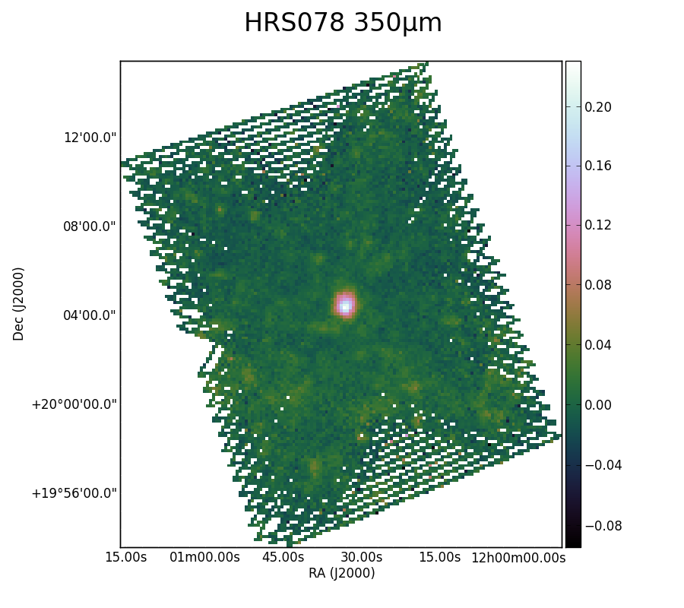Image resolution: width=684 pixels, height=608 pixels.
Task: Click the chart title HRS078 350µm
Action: [x=343, y=23]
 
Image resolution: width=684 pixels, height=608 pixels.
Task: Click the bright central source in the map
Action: [x=346, y=306]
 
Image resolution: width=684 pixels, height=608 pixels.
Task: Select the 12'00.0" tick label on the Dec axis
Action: [x=90, y=138]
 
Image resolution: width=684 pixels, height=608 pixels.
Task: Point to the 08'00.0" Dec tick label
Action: [x=90, y=226]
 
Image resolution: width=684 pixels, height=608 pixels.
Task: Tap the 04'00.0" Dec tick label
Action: [x=90, y=315]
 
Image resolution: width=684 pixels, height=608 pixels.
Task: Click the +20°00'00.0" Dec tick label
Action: [x=74, y=404]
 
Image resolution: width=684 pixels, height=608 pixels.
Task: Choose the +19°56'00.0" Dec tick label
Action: [x=74, y=493]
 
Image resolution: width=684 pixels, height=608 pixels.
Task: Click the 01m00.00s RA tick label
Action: [x=204, y=557]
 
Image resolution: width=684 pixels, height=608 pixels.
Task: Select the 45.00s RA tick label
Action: [x=283, y=557]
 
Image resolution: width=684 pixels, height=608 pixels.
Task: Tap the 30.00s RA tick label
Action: [x=362, y=557]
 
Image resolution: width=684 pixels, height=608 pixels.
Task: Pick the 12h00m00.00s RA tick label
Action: [x=518, y=557]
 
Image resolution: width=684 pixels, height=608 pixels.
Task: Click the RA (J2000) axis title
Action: [x=341, y=573]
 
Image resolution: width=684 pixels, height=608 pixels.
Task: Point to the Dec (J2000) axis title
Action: [x=18, y=304]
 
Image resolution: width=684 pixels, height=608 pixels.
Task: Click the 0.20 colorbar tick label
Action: [x=597, y=107]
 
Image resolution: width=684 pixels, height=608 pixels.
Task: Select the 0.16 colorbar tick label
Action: [x=597, y=166]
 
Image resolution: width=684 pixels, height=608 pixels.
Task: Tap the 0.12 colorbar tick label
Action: [x=597, y=225]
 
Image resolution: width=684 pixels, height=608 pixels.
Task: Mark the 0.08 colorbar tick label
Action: [x=597, y=285]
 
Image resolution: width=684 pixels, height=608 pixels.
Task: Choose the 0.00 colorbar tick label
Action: [x=597, y=405]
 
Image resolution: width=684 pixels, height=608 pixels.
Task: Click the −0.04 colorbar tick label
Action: [x=603, y=465]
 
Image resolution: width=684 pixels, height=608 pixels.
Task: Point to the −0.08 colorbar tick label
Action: [x=603, y=526]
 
